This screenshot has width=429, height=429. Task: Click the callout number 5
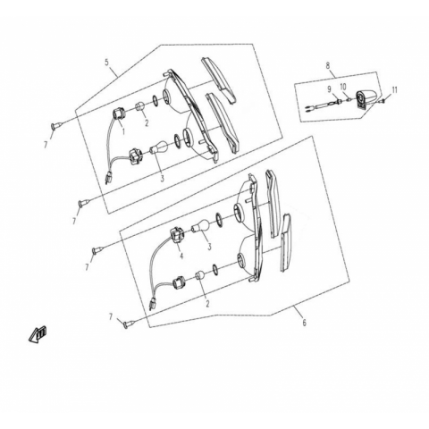tap(106, 63)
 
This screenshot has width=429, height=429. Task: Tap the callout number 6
tap(304, 323)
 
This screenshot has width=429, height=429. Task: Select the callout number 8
tap(328, 65)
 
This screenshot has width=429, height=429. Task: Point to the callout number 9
tap(329, 88)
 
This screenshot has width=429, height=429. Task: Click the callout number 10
tap(343, 87)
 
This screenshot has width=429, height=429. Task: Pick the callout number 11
tap(395, 89)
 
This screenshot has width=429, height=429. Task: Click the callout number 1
tap(123, 130)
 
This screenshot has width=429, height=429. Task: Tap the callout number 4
tap(181, 256)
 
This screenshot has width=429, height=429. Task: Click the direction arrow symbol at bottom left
tap(38, 334)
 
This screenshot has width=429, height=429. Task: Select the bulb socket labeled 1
tap(118, 115)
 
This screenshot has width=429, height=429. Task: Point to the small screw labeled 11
tap(383, 101)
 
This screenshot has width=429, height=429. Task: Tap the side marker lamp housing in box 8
tap(366, 99)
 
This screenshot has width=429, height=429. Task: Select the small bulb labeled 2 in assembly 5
tap(140, 107)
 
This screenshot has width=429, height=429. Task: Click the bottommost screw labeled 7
tap(127, 324)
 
